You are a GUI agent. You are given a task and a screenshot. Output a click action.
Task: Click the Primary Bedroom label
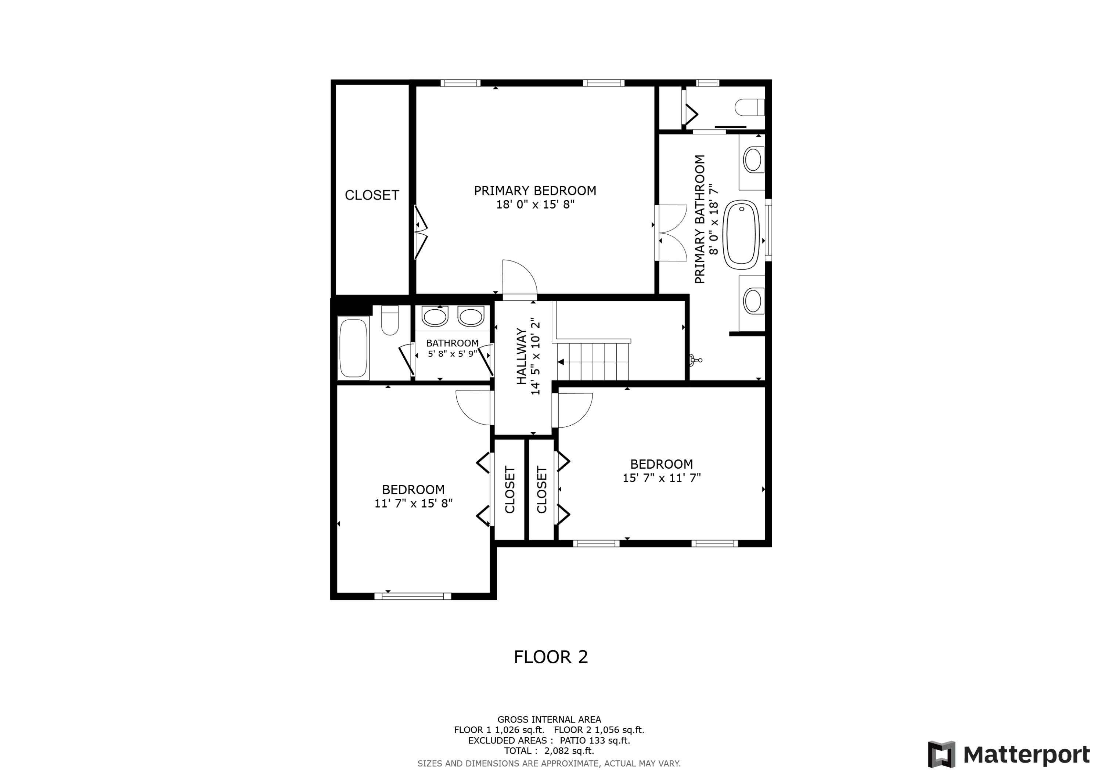(535, 191)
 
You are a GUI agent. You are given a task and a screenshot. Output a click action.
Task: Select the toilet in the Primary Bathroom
(749, 107)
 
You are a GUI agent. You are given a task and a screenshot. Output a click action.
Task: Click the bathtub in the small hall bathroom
(353, 348)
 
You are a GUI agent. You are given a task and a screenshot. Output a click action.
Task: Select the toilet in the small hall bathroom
(390, 321)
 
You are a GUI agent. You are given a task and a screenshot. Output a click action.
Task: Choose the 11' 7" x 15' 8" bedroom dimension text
(413, 503)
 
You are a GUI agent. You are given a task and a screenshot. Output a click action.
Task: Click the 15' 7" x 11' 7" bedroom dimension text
(662, 477)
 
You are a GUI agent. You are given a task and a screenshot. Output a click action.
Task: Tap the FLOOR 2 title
(551, 657)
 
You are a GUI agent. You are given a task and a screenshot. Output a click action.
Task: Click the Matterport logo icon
(941, 754)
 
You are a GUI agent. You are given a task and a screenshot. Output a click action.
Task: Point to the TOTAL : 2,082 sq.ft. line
(548, 751)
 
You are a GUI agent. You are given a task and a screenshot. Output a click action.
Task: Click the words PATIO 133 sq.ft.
(594, 740)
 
